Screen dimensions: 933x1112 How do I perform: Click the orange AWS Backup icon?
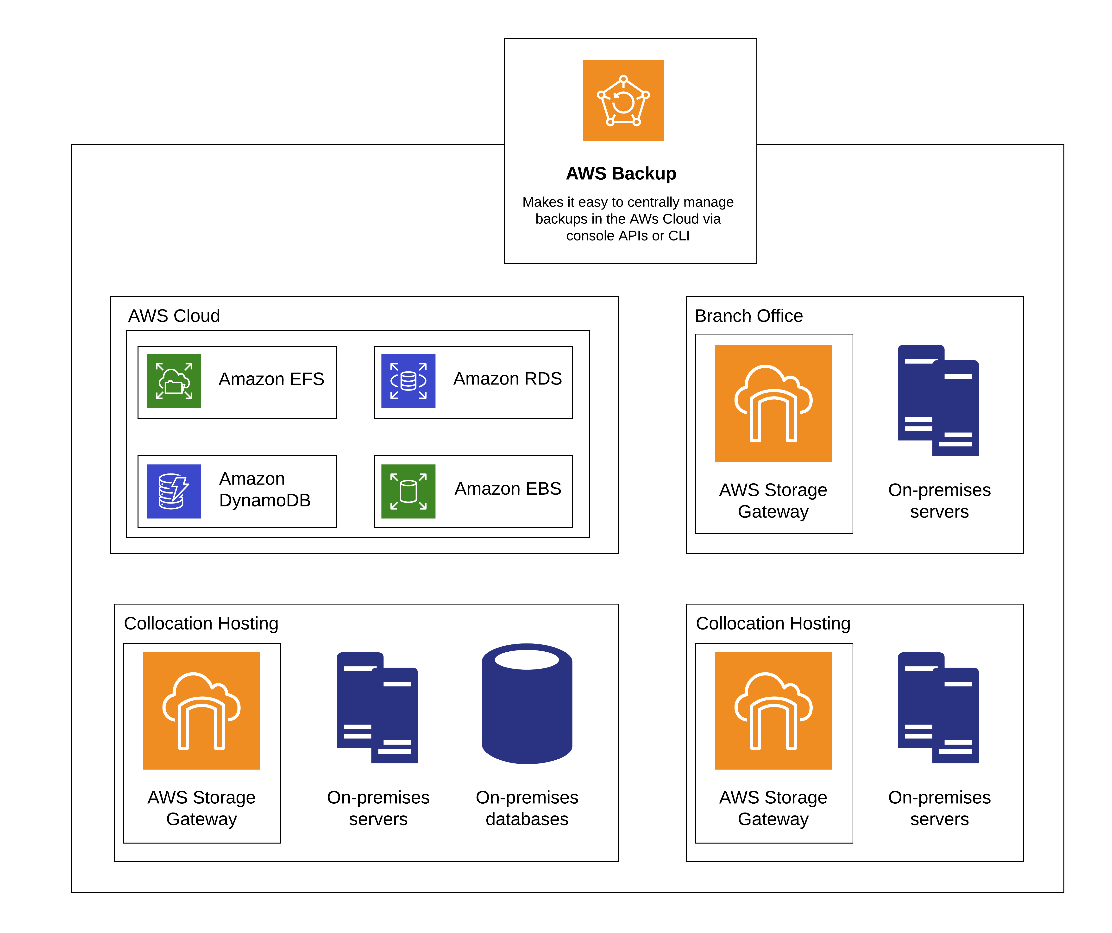pyautogui.click(x=623, y=101)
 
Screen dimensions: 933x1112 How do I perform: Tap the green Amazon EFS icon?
pyautogui.click(x=174, y=381)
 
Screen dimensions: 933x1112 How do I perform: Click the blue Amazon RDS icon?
pyautogui.click(x=408, y=381)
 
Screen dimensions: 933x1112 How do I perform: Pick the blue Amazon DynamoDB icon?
pyautogui.click(x=174, y=491)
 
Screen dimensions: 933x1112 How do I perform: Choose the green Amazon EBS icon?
pyautogui.click(x=408, y=491)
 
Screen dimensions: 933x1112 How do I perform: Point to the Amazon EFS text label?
pyautogui.click(x=271, y=379)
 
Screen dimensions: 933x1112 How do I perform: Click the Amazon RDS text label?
pyautogui.click(x=507, y=378)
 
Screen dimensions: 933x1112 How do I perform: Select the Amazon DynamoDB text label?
pyautogui.click(x=265, y=489)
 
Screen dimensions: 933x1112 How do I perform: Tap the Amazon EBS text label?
pyautogui.click(x=507, y=488)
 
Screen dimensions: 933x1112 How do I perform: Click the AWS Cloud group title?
pyautogui.click(x=174, y=315)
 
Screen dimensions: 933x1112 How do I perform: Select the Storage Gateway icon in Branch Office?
pyautogui.click(x=773, y=403)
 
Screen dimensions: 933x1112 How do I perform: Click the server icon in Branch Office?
pyautogui.click(x=938, y=400)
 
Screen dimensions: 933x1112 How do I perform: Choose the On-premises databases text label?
pyautogui.click(x=527, y=808)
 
